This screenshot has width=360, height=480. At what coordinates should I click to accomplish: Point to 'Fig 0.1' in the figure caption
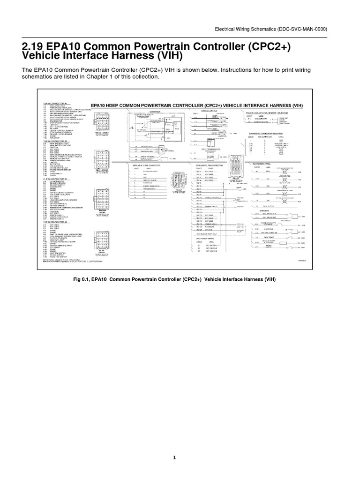[82, 279]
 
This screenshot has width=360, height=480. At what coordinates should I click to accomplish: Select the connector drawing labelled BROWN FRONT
[101, 192]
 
